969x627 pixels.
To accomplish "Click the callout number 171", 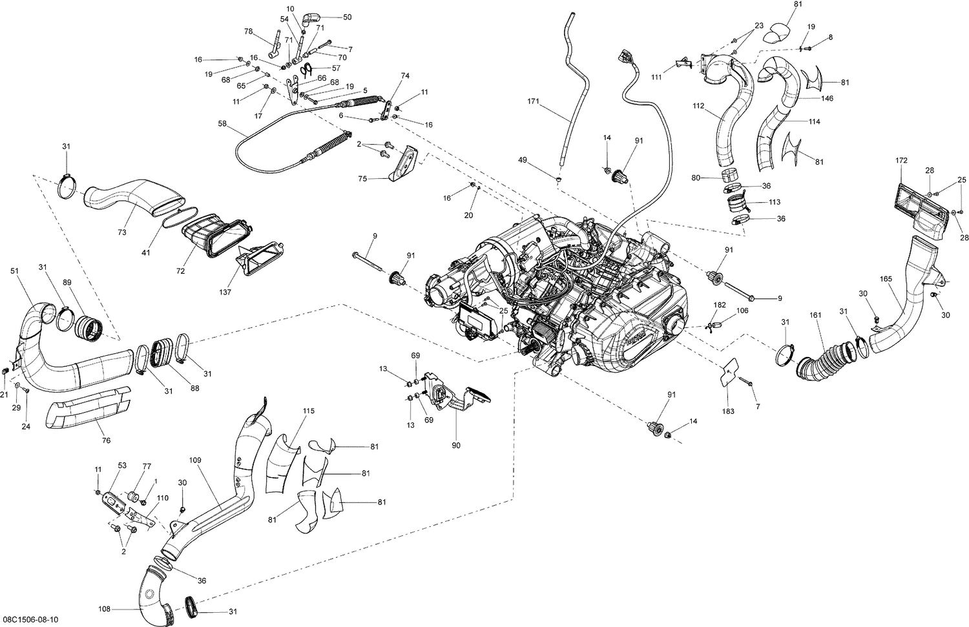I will [533, 101].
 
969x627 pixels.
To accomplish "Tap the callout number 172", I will [901, 159].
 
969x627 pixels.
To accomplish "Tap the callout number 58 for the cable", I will [222, 123].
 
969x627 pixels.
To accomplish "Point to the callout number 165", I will [886, 278].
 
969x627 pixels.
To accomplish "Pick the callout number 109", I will [195, 460].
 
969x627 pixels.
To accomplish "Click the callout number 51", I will [14, 271].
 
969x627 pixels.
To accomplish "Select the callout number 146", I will [827, 99].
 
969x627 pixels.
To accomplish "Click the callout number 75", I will [362, 179].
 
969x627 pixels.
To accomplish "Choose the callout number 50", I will [347, 17].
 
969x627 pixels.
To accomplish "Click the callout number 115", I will [308, 411].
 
